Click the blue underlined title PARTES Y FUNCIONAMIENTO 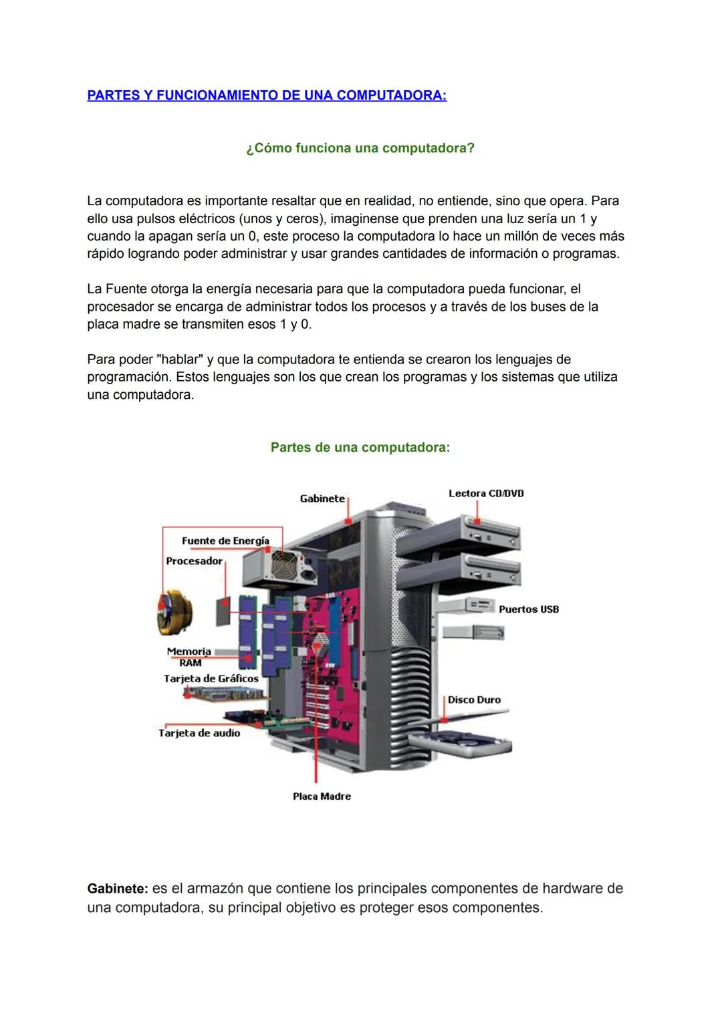267,95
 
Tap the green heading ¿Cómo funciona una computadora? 360,148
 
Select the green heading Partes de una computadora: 360,447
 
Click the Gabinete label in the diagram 322,498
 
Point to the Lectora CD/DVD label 486,493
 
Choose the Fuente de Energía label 225,541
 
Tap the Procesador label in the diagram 194,561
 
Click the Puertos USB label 528,609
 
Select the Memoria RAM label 189,657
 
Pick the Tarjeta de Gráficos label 211,678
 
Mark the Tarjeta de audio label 199,733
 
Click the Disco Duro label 474,700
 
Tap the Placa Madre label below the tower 322,796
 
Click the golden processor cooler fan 175,612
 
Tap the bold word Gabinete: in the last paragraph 117,889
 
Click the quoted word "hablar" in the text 179,359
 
